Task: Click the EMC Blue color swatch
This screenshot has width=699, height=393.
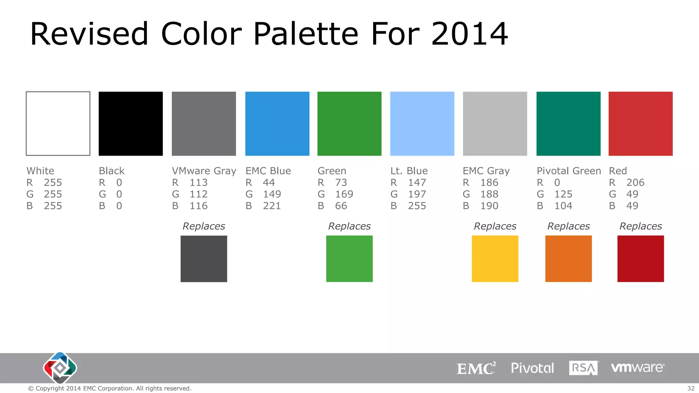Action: click(277, 123)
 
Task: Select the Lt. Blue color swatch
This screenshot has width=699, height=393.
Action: click(422, 123)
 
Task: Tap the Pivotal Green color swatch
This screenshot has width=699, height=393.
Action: click(568, 123)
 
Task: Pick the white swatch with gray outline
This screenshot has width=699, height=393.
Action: click(58, 123)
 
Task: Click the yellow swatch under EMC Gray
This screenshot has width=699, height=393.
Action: click(495, 259)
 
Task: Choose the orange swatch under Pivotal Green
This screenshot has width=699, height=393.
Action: click(568, 259)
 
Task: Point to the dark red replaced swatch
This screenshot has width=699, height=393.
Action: click(640, 259)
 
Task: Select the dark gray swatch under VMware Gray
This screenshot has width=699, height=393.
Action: click(204, 259)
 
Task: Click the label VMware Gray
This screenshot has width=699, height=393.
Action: click(204, 171)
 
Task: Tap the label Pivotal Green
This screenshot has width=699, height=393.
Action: click(569, 171)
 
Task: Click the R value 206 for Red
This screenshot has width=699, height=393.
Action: click(635, 183)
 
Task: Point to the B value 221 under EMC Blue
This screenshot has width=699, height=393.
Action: click(272, 206)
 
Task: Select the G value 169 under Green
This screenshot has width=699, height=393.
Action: click(344, 194)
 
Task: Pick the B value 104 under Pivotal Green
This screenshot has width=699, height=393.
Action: click(563, 206)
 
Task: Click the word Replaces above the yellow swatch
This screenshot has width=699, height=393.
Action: click(495, 226)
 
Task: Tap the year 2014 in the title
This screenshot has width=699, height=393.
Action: click(470, 34)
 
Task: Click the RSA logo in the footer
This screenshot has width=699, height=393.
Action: click(583, 368)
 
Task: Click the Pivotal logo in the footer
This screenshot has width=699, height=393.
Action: click(532, 368)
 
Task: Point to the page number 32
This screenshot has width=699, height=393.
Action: click(691, 388)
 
